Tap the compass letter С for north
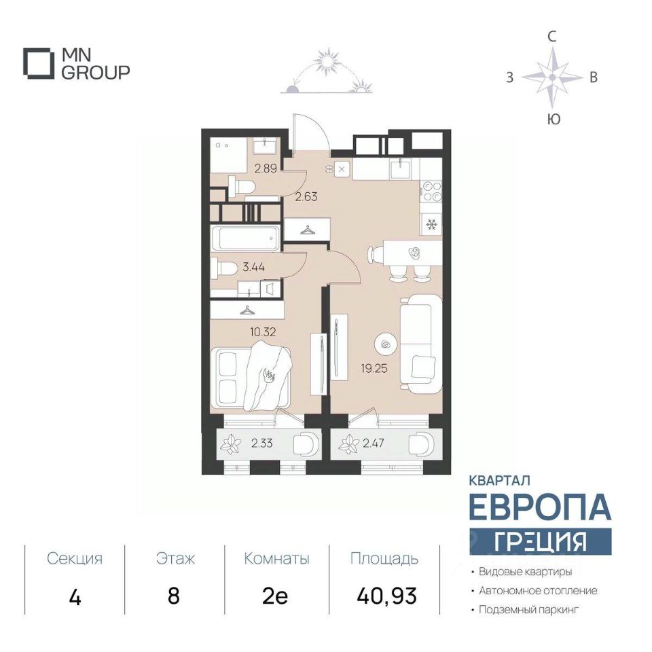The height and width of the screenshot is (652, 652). [551, 37]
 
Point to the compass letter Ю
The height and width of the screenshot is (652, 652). [554, 120]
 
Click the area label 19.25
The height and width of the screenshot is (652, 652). [374, 368]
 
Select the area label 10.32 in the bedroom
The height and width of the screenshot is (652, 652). [263, 332]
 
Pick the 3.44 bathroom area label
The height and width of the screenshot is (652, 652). [253, 267]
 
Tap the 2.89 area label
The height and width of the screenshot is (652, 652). [266, 168]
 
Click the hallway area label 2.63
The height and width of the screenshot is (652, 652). [306, 196]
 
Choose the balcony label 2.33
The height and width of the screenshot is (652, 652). [262, 443]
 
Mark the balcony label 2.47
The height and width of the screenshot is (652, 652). [374, 443]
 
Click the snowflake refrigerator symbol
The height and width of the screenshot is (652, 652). [432, 225]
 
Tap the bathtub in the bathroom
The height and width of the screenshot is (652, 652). [245, 238]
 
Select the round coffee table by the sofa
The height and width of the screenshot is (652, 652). [386, 344]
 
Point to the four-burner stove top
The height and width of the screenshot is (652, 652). [431, 192]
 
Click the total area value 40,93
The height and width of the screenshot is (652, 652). [386, 596]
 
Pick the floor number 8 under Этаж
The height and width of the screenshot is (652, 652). [174, 596]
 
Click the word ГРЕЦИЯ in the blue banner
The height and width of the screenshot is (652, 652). [540, 541]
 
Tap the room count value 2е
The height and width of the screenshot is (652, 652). [275, 596]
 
